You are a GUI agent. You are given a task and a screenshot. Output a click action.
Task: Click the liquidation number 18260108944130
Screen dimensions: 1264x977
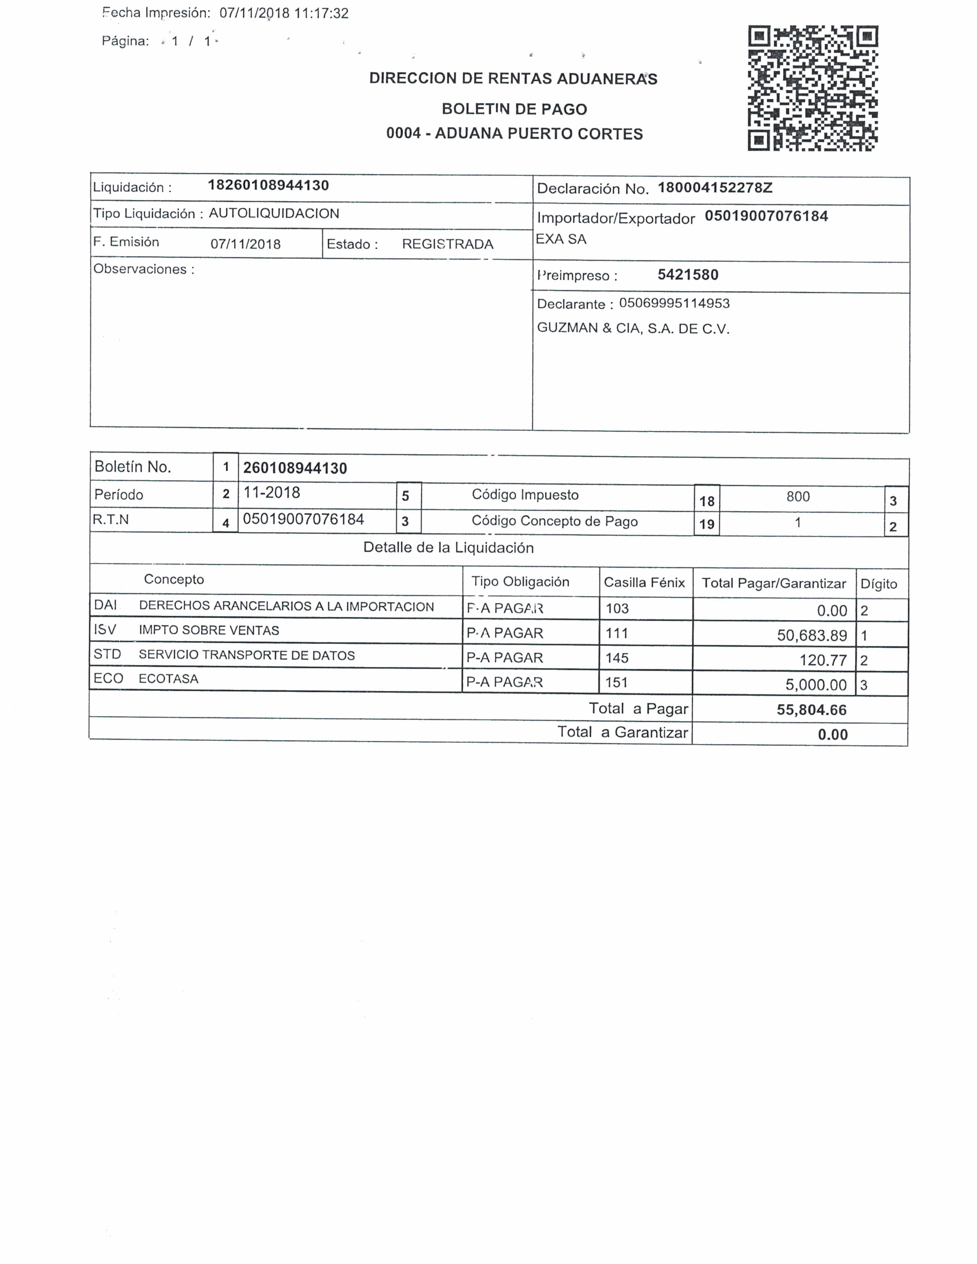click(268, 185)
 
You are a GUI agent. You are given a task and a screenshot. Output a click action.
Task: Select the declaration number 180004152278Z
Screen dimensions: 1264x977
click(715, 188)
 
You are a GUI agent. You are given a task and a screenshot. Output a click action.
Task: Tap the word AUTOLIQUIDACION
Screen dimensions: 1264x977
click(274, 214)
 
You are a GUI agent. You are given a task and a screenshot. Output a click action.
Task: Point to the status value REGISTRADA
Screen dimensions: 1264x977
click(448, 244)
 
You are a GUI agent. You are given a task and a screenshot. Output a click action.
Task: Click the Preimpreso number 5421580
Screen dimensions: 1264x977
click(688, 275)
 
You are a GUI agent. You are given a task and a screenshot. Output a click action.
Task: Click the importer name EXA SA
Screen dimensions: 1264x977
click(561, 239)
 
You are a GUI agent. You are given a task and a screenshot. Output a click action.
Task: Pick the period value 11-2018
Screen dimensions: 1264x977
click(272, 493)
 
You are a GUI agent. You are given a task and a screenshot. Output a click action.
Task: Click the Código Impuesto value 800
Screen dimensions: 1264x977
click(798, 497)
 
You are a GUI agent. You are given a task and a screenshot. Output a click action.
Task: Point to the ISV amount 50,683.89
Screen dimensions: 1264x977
click(812, 635)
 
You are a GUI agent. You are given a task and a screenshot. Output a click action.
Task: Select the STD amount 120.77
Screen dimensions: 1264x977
click(823, 660)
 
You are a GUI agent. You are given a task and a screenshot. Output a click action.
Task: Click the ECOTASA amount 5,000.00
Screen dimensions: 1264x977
click(816, 685)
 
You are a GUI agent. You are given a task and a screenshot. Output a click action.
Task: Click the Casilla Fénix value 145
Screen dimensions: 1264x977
click(616, 658)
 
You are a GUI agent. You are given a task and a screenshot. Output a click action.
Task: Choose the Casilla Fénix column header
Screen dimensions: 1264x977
click(644, 582)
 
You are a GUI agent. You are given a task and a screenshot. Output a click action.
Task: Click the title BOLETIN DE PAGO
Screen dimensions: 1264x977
click(514, 109)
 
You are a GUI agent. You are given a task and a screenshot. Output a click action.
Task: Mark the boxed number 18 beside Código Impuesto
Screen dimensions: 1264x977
click(707, 501)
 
